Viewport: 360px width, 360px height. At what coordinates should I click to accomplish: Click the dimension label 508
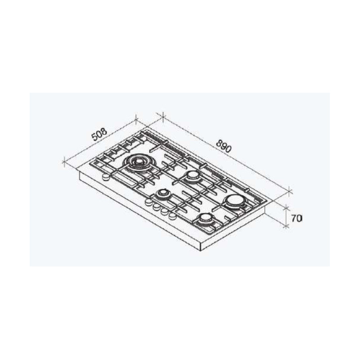(99, 135)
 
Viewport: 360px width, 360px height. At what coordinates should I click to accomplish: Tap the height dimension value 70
(295, 218)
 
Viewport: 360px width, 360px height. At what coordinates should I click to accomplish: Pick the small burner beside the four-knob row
(162, 194)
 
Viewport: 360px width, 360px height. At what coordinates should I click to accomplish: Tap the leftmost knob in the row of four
(147, 203)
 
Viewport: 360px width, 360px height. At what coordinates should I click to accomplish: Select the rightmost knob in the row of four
(171, 217)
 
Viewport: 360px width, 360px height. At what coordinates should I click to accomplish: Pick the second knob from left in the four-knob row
(155, 207)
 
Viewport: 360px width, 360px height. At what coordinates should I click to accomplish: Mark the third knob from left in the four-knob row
(163, 212)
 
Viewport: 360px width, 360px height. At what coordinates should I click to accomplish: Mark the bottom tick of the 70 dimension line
(286, 226)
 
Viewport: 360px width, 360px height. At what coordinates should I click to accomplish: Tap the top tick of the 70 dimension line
(286, 207)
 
